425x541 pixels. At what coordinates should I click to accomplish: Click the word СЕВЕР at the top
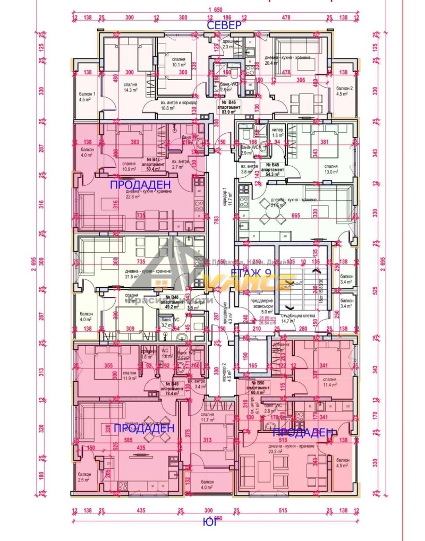[224, 25]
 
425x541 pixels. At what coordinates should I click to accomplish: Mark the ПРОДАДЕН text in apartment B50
[304, 433]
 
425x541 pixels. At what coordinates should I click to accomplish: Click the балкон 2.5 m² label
[84, 477]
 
